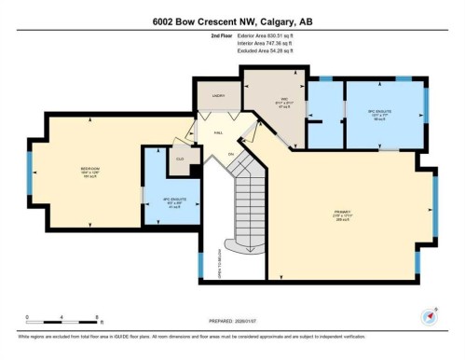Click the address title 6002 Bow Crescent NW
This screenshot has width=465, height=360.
click(x=232, y=21)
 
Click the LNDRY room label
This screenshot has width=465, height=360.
click(x=219, y=94)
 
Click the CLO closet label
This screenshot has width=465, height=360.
click(x=180, y=159)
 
